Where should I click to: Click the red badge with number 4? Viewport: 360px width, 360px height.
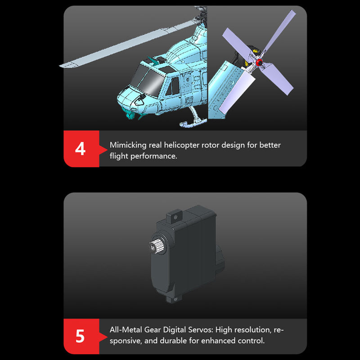(x=81, y=148)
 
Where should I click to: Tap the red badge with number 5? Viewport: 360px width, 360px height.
(x=81, y=336)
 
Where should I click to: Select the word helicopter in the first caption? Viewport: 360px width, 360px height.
(x=191, y=145)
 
